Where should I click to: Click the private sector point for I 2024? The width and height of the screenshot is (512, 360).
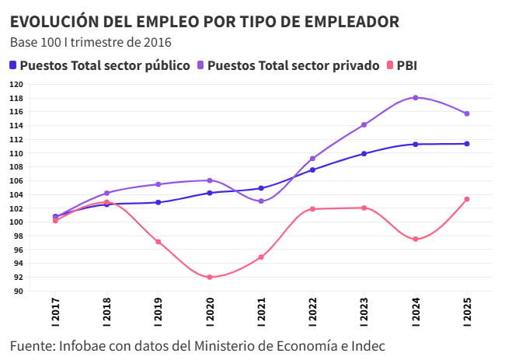[x=416, y=97]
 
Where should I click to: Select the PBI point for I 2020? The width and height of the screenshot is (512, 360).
[x=210, y=277]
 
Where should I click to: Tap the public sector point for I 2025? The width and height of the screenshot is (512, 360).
[x=467, y=144]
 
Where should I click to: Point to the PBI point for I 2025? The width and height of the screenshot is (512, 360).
[x=467, y=199]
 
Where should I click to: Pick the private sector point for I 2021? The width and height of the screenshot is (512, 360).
[x=261, y=201]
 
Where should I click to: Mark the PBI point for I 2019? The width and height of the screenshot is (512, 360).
[x=158, y=242]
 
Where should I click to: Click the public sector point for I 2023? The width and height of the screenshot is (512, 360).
[x=364, y=153]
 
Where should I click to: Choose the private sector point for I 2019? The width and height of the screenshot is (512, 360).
[x=158, y=184]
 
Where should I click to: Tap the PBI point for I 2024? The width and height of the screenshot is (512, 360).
[x=416, y=239]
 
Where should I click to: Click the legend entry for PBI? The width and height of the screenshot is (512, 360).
[x=406, y=65]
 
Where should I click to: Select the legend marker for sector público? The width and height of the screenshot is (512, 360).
[x=14, y=65]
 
